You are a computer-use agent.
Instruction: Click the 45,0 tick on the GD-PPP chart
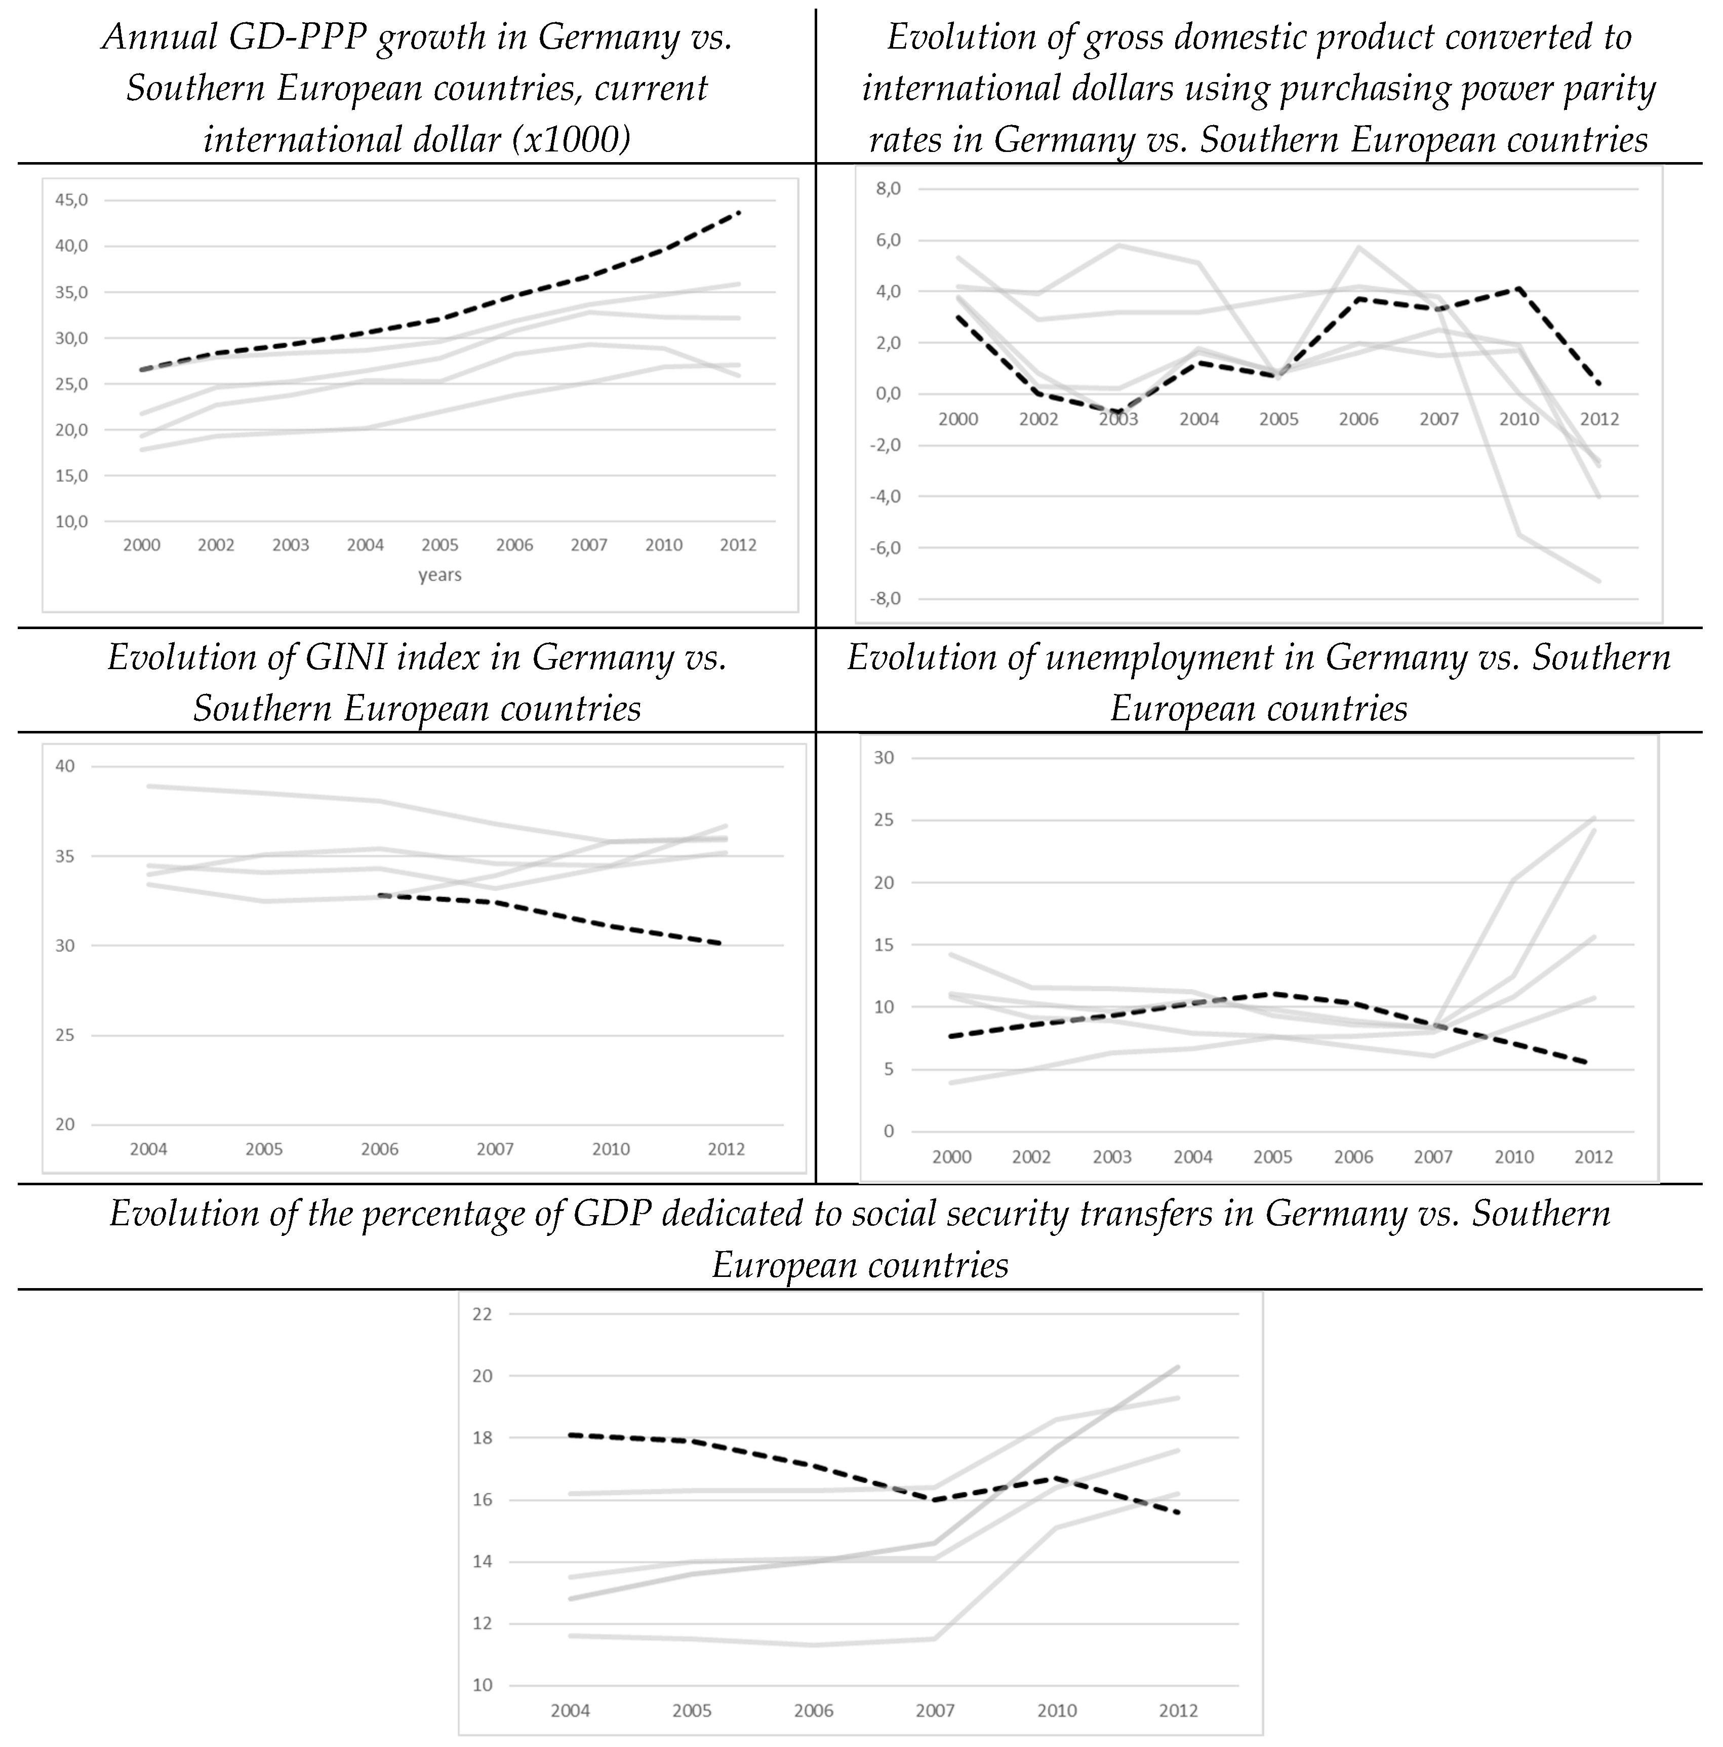click(x=71, y=200)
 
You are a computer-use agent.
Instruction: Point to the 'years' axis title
click(x=439, y=575)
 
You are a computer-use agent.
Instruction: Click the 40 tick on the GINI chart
click(x=65, y=766)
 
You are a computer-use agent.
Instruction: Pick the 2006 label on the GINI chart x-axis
click(x=380, y=1149)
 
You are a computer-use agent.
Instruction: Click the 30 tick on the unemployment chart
click(x=883, y=758)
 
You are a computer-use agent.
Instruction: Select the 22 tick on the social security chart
click(x=483, y=1314)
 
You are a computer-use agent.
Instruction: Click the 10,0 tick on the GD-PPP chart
click(x=71, y=522)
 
